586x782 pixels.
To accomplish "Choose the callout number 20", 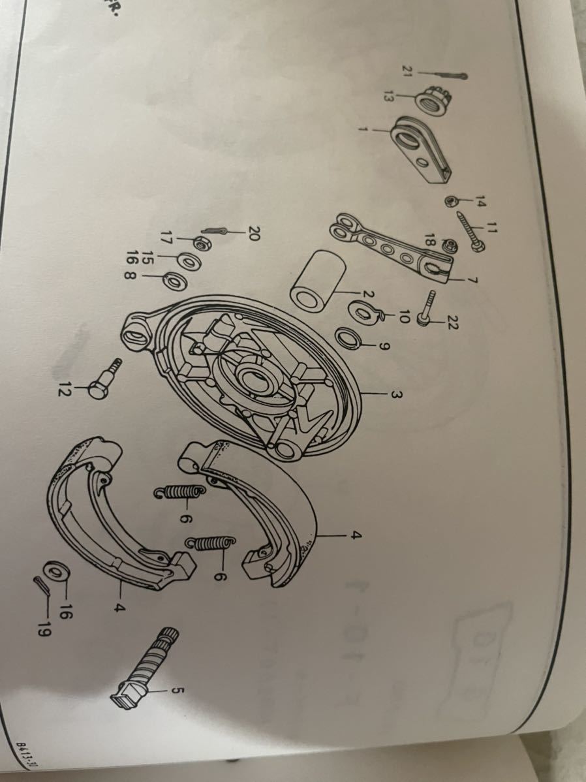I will pyautogui.click(x=254, y=232).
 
